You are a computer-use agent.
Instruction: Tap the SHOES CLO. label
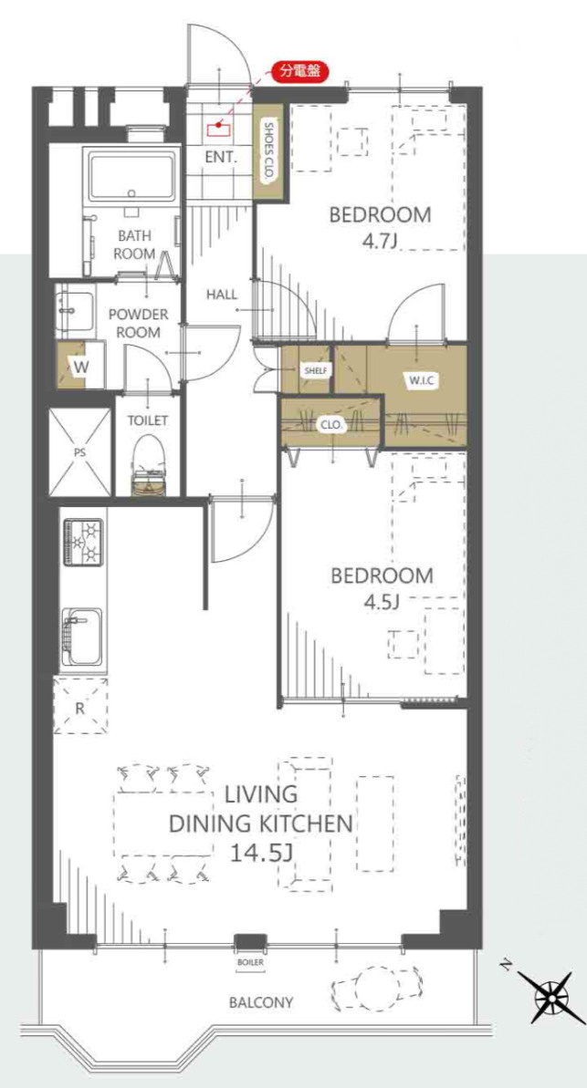coord(268,152)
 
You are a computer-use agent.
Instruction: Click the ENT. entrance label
coord(221,157)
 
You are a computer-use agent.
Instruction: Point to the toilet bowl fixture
coord(150,462)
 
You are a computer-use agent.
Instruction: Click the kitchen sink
coord(82,637)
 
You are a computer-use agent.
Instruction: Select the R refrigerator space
coord(80,707)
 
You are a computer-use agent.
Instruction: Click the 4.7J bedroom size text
coord(379,243)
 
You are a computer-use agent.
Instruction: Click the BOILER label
coord(250,962)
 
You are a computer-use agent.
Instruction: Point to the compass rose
coord(550,998)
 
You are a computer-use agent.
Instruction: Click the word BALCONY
coord(260,1002)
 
